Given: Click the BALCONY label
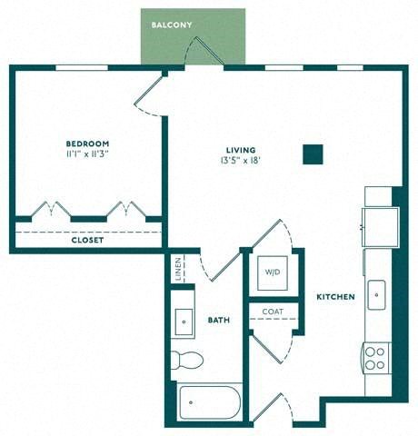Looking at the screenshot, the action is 172,25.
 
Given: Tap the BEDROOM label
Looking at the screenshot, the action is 87,144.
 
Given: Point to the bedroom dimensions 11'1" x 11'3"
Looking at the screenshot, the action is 87,154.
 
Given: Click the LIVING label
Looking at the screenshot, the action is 241,150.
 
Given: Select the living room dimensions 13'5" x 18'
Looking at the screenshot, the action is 241,161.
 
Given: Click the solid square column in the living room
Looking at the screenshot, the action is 313,154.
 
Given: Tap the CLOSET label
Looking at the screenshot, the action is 87,241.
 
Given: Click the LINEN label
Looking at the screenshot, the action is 178,269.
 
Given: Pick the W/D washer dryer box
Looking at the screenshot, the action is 273,272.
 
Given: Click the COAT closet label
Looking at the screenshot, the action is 273,312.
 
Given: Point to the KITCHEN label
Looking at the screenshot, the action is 335,297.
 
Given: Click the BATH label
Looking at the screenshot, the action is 219,320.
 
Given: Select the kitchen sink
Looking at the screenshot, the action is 376,295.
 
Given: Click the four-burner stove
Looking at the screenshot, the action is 376,358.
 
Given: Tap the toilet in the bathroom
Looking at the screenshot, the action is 186,360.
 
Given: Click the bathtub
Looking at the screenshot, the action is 210,402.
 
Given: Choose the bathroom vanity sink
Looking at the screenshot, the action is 184,322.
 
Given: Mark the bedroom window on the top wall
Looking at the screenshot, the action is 82,67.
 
